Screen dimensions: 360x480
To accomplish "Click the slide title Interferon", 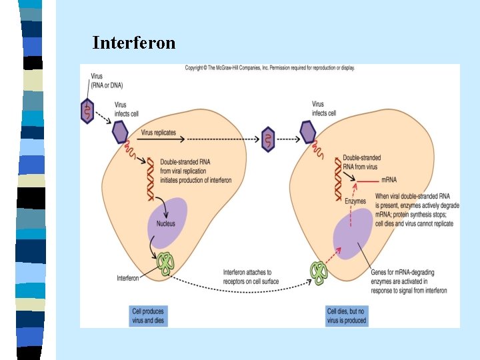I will (x=134, y=43).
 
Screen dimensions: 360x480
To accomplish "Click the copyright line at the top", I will (x=269, y=67).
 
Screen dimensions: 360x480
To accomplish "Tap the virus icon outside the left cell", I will (x=87, y=111).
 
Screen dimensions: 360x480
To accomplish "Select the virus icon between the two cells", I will (x=268, y=139).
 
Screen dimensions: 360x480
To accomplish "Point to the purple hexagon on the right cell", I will (x=308, y=133).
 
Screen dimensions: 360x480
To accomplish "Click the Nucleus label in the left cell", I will (x=166, y=223).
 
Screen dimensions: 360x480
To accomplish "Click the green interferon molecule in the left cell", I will (x=166, y=263).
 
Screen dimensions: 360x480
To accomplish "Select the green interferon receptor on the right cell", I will (x=319, y=273).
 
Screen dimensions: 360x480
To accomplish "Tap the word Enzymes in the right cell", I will (x=355, y=201).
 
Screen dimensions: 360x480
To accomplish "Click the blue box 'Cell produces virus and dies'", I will (x=148, y=316).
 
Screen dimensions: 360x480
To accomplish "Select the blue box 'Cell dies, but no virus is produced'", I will (x=347, y=316).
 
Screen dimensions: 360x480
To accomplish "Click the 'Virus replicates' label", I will (x=159, y=133).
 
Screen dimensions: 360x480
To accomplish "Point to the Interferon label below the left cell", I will (x=128, y=277).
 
